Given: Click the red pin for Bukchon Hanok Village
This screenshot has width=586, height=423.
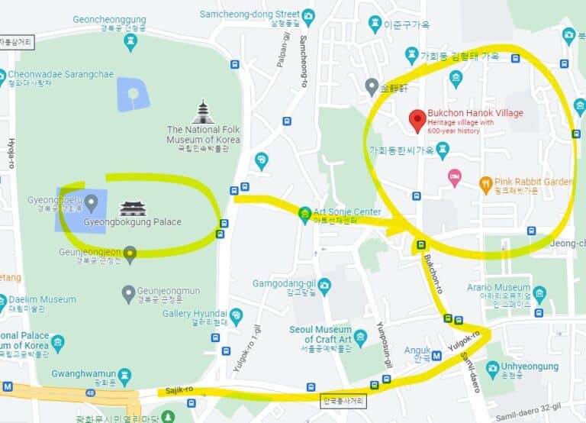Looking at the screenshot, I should (x=417, y=120).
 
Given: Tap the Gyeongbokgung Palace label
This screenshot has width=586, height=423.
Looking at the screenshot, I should (x=132, y=222).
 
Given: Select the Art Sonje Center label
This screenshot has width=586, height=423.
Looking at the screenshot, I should (x=347, y=211).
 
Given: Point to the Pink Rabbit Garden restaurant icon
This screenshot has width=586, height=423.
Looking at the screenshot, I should (x=485, y=182).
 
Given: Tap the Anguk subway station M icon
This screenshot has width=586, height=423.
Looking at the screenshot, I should (x=436, y=355).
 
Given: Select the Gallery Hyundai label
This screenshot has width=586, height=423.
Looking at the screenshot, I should (x=195, y=314).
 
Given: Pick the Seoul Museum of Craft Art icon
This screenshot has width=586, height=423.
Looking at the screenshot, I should (x=360, y=334).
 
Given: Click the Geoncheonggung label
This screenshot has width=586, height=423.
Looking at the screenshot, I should (x=110, y=19).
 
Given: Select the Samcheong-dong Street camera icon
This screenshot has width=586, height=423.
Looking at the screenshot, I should (x=308, y=15).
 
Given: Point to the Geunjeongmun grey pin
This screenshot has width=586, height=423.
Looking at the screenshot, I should (x=129, y=292).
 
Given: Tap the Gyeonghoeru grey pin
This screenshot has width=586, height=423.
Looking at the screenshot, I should (x=92, y=202).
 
